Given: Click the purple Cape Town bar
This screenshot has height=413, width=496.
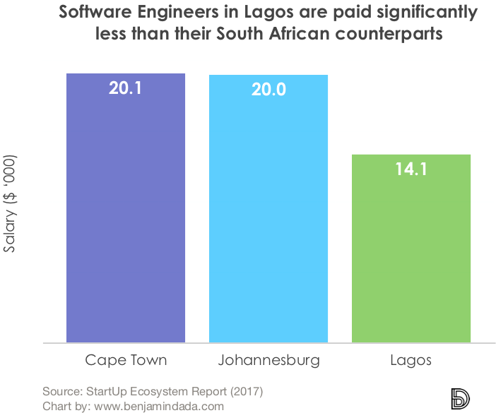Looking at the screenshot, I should pos(125,212).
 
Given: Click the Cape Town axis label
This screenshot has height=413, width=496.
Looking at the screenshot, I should pos(126,360).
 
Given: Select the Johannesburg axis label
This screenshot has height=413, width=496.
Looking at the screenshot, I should pos(268,360).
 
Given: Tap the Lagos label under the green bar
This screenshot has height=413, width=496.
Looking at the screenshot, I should pos(411,360).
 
